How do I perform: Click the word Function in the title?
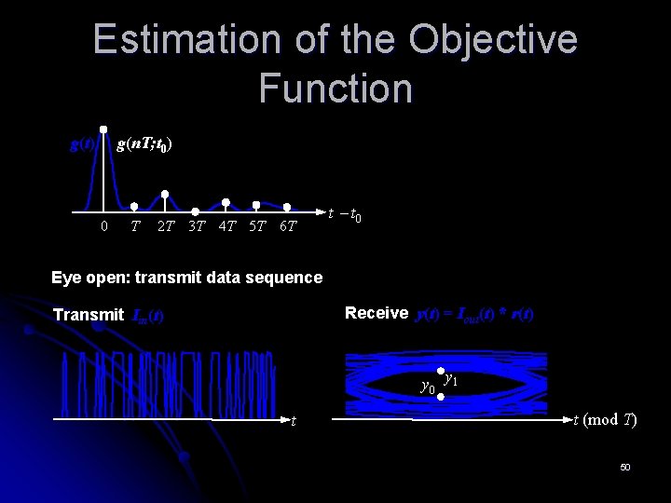coord(335,88)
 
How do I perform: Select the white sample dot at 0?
coord(103,129)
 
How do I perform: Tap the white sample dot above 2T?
coord(165,194)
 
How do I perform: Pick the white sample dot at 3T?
coord(196,211)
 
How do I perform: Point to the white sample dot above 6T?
coord(287,207)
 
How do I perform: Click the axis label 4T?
coord(226,226)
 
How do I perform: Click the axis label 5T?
coord(257,226)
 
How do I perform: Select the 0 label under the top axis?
coord(103,226)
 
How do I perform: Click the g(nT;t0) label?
coord(144,144)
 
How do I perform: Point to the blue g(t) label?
coord(83,144)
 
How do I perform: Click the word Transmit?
coord(88,315)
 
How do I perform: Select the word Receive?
coord(377,313)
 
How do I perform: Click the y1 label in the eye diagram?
coord(450,378)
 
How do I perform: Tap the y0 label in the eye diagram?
coord(428,386)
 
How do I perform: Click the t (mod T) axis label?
coord(605,420)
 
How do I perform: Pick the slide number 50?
coord(625,466)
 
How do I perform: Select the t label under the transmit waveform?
coord(294,421)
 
